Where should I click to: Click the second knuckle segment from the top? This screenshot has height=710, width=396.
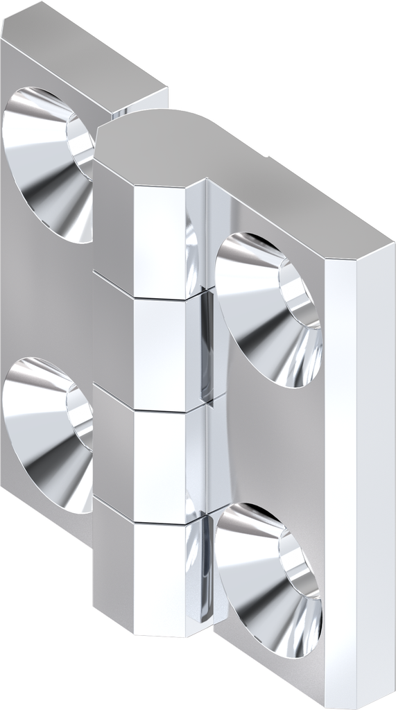click(x=149, y=343)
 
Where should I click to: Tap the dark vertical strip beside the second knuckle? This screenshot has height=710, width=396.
click(x=205, y=347)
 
